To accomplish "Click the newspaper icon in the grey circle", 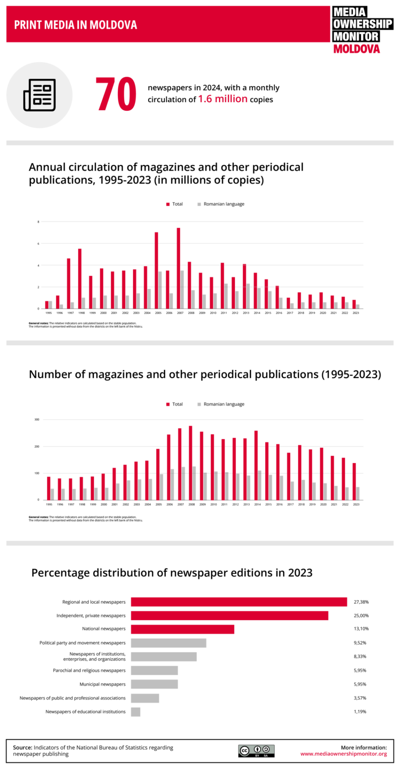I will coord(39,95).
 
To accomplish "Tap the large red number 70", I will coord(116,95).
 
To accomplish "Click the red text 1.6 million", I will coord(222,99).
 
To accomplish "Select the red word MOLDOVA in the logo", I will coord(356,49).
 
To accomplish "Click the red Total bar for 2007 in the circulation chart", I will coord(178,268).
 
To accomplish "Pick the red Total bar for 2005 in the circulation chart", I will coord(156,270).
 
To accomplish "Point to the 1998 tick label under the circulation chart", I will coord(81,313).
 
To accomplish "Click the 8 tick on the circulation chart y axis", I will coord(38,222).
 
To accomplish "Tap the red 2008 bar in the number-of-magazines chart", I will coord(190,463).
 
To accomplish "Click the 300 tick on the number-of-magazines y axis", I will coord(37,420).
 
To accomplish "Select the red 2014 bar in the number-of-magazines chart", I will coord(256,465).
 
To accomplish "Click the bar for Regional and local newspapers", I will coord(239,602).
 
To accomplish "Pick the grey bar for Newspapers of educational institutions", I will coord(136,712).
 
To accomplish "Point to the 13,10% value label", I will coord(361,629).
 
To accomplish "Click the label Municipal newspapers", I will coord(102,684).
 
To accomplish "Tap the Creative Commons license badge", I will coord(256,751).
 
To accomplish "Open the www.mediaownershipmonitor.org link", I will coord(343,754).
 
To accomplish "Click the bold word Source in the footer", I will coord(22,748).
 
